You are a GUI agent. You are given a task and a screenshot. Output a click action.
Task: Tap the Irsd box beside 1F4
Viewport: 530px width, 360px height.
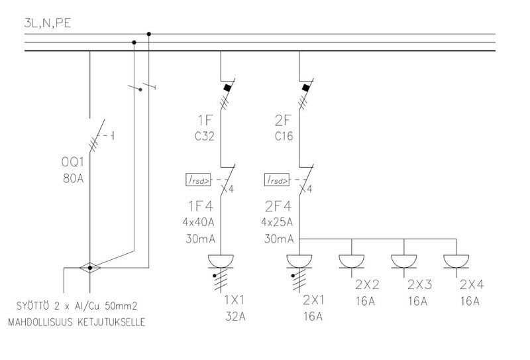tap(199, 180)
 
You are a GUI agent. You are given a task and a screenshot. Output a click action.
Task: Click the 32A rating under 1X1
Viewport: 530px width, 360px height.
tap(235, 316)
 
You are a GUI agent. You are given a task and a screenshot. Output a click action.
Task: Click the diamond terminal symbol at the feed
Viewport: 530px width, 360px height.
tap(89, 267)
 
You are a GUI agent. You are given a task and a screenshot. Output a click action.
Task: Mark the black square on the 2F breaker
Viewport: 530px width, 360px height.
tap(305, 87)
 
